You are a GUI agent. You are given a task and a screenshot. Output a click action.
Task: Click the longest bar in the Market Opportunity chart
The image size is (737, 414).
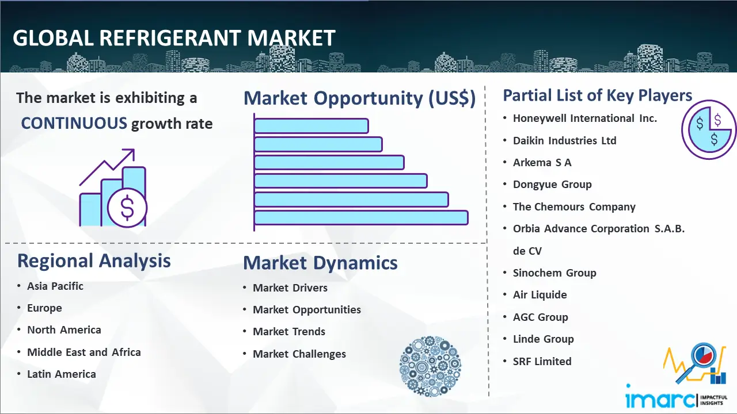361,218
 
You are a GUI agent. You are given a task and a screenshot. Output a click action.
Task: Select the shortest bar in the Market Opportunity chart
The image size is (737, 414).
311,126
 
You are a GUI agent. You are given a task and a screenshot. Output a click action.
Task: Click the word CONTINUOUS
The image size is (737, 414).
74,124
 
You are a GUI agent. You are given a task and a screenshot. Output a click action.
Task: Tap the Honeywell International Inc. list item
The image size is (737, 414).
584,118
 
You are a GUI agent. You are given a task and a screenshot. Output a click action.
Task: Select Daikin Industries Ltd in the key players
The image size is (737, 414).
565,141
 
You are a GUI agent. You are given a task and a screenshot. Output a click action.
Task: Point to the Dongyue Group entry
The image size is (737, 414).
552,185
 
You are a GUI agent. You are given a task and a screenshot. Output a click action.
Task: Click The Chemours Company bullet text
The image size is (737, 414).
574,207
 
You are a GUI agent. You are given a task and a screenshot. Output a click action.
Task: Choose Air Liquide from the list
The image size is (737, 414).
540,295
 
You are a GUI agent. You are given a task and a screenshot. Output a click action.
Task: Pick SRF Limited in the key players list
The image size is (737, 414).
542,362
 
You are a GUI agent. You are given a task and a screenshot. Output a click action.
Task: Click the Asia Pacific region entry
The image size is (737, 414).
55,286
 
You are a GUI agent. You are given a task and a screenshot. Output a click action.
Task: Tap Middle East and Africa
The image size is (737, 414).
84,352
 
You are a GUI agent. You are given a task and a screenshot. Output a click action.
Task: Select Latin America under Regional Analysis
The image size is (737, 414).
62,374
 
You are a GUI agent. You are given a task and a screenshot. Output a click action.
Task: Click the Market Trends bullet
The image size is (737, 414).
289,332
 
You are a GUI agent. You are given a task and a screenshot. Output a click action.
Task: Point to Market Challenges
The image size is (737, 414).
299,354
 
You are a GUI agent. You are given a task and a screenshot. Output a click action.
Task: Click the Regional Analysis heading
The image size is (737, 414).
94,261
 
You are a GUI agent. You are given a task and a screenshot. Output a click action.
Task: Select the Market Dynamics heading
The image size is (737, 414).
320,263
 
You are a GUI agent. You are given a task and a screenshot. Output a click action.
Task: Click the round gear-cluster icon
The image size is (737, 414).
430,366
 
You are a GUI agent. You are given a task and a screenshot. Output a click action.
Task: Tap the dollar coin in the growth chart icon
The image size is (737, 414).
127,208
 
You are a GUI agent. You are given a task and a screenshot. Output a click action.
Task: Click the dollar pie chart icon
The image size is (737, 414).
709,129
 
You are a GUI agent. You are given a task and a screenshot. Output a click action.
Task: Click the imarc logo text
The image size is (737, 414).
660,400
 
